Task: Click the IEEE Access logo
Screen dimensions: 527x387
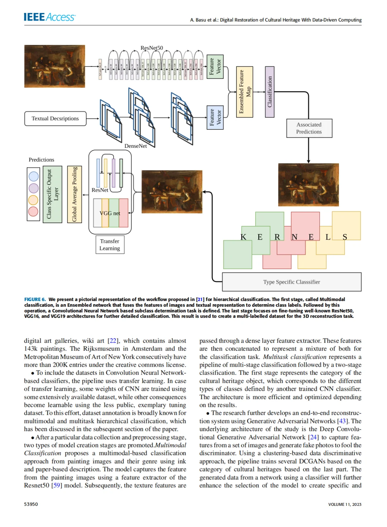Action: coord(49,17)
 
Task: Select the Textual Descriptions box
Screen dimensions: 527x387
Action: coord(55,119)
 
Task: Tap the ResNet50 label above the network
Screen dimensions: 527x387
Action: coord(152,48)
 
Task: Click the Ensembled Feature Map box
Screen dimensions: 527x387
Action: coord(245,92)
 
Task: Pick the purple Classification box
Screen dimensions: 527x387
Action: coord(269,92)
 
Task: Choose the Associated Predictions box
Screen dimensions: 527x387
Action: coord(309,128)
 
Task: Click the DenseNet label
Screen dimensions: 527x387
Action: coord(135,146)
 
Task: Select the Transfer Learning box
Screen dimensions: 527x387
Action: coord(110,245)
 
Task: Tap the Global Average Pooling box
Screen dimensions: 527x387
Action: coord(75,194)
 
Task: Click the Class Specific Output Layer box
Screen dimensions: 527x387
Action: coord(52,194)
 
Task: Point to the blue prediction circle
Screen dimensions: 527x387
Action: coord(33,176)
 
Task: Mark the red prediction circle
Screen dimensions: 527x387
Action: coord(33,211)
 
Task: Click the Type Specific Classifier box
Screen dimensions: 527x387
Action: coord(291,282)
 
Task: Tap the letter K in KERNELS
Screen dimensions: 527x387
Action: coord(243,237)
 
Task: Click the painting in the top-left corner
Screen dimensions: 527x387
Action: coord(54,66)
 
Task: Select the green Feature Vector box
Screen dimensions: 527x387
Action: coord(215,67)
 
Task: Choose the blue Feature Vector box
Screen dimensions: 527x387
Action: coord(215,118)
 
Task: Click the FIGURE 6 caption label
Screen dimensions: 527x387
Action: coord(35,299)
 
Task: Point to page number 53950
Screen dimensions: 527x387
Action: coord(31,504)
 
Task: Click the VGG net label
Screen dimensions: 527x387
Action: coord(110,213)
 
